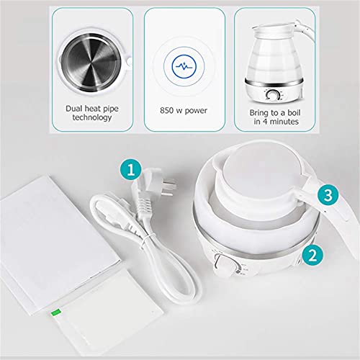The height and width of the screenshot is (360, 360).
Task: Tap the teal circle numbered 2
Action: click(x=311, y=253)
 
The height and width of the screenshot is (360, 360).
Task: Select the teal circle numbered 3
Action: click(x=327, y=194)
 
